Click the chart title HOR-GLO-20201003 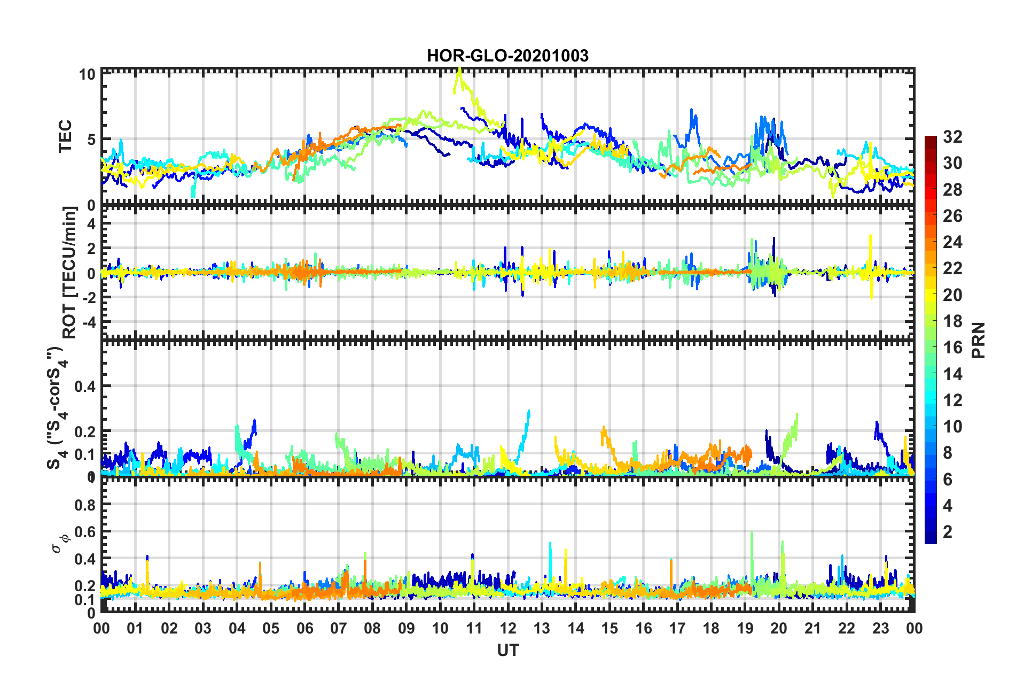coord(507,56)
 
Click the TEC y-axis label coord(65,136)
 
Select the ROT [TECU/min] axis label coord(69,272)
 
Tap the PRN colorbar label coord(978,340)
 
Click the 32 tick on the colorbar coord(952,137)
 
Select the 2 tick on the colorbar coord(948,531)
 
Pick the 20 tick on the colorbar coord(952,295)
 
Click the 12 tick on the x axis coord(507,628)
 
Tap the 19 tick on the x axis coord(745,628)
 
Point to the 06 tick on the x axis coord(304,628)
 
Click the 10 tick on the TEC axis coord(87,74)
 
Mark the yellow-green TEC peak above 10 coord(458,71)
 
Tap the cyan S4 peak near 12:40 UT coord(529,411)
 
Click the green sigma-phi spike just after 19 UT coord(752,533)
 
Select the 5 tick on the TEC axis coord(91,140)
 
